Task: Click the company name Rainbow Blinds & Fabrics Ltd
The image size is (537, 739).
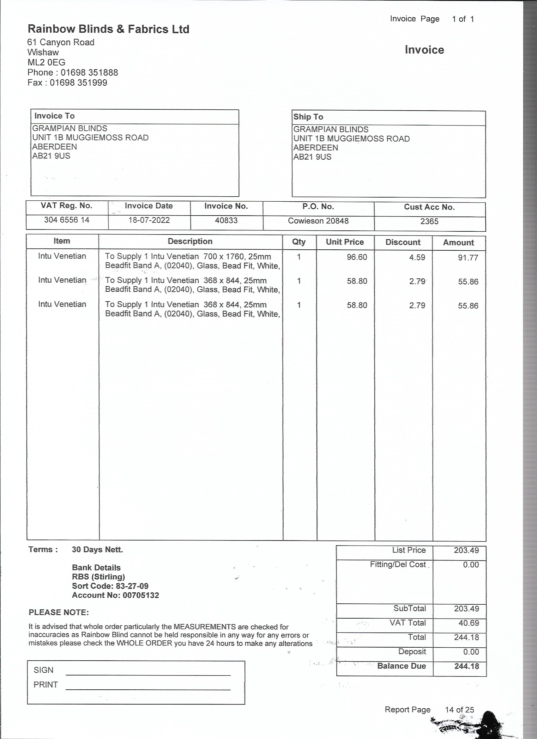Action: pos(108,29)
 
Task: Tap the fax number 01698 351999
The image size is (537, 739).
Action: pos(78,83)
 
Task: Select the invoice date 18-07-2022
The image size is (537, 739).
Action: pos(149,220)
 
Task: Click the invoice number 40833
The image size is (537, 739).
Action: pos(226,221)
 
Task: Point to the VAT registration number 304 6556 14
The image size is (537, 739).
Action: pos(66,220)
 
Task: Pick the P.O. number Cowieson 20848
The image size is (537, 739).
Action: pos(318,221)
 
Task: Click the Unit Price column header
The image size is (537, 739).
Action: pos(345,242)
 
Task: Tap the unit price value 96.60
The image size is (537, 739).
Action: pos(357,257)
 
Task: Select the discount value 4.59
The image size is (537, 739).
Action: pos(417,257)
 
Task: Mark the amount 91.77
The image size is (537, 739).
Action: pos(468,258)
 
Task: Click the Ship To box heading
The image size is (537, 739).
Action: pos(308,117)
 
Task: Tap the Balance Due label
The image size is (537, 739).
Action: pos(401,666)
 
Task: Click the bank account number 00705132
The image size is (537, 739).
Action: pos(141,595)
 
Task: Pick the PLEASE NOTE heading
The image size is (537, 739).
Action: pos(59,612)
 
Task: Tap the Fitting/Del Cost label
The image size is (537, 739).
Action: pos(398,565)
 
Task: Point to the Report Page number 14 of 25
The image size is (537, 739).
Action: pos(459,710)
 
